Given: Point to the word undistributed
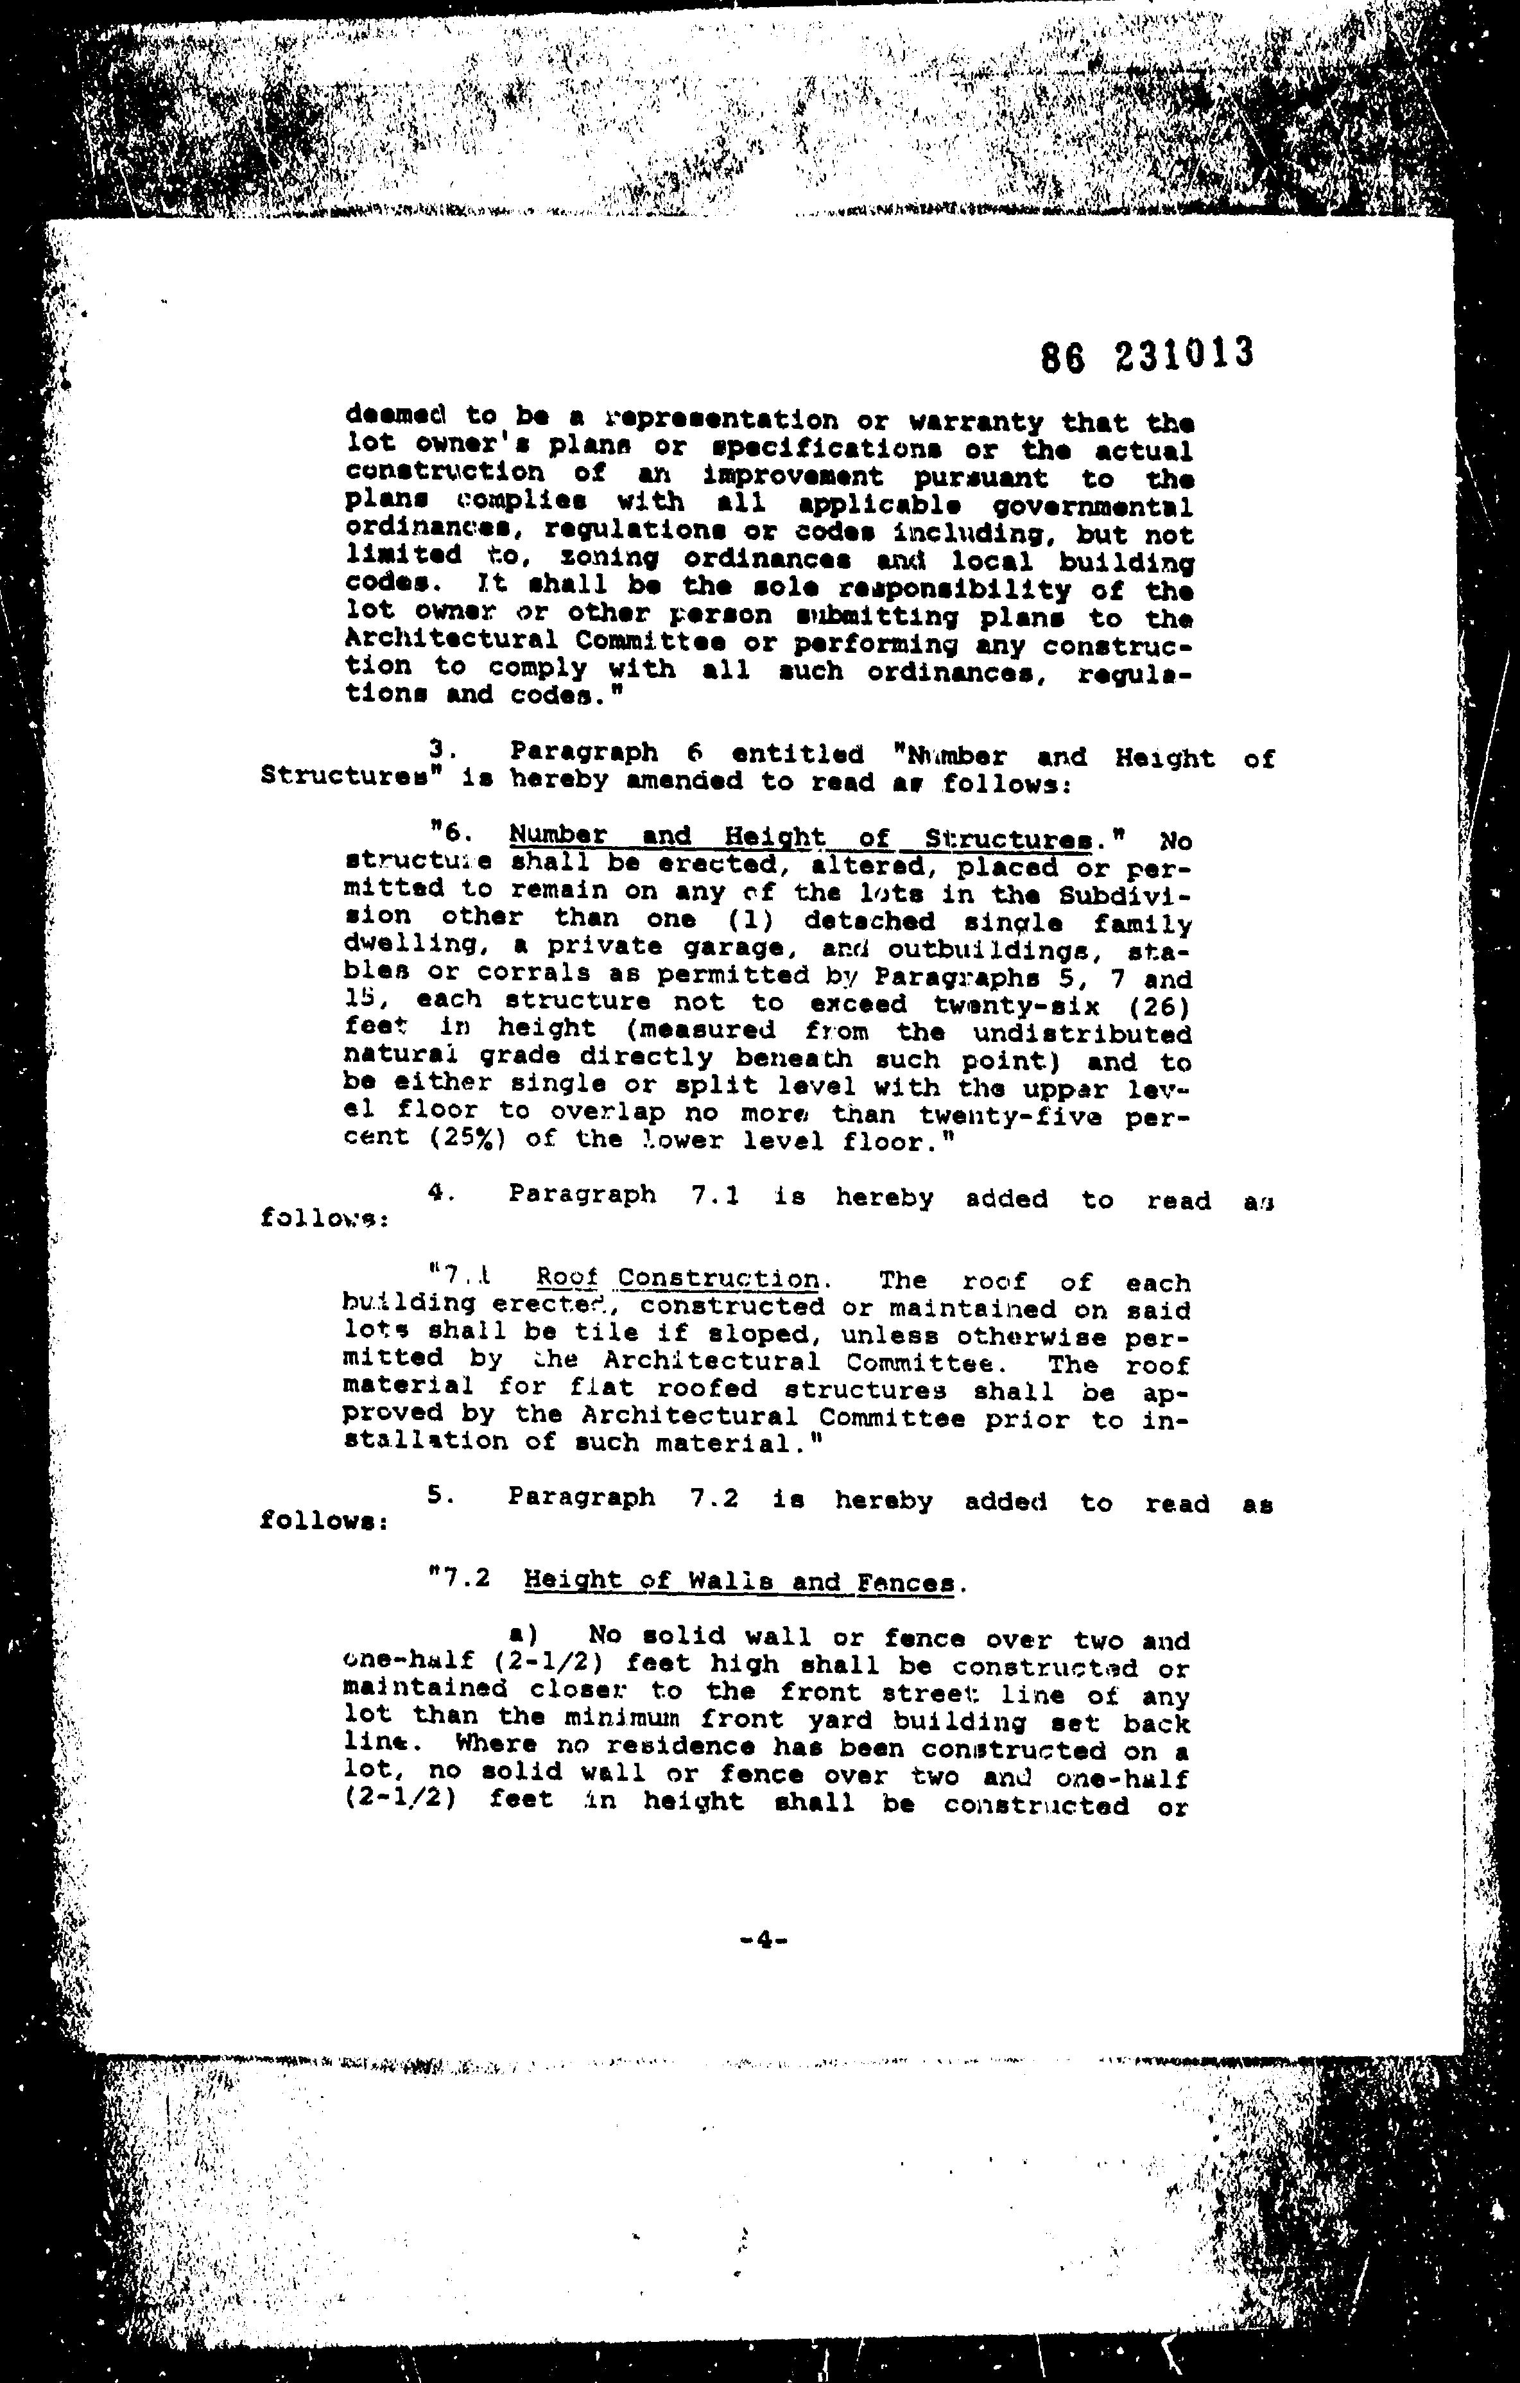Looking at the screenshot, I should tap(1083, 1034).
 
